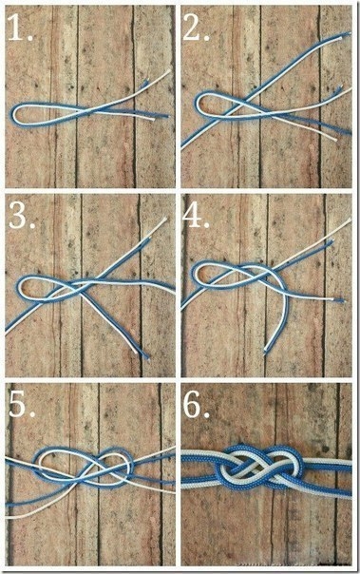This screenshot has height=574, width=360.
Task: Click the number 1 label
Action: point(20,28)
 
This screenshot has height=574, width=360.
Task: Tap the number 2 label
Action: point(196,28)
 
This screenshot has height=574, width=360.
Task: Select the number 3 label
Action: point(22,217)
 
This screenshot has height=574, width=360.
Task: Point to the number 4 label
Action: point(197,217)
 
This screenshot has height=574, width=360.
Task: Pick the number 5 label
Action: point(22,406)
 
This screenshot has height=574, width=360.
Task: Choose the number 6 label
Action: point(197,406)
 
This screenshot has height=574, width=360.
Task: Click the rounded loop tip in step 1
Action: point(14,113)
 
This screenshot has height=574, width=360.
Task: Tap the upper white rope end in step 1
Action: point(169,71)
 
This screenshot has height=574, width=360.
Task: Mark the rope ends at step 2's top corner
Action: point(346,35)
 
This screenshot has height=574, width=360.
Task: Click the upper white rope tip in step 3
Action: point(165,220)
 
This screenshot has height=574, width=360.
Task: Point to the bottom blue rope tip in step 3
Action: point(147,356)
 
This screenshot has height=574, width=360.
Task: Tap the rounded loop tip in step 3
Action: point(19,287)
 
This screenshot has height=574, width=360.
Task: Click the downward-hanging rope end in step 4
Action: point(266,352)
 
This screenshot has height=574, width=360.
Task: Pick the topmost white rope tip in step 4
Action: point(349,220)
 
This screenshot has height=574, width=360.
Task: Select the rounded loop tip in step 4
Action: point(193,274)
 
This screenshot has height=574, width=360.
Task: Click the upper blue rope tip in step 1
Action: point(145,84)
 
